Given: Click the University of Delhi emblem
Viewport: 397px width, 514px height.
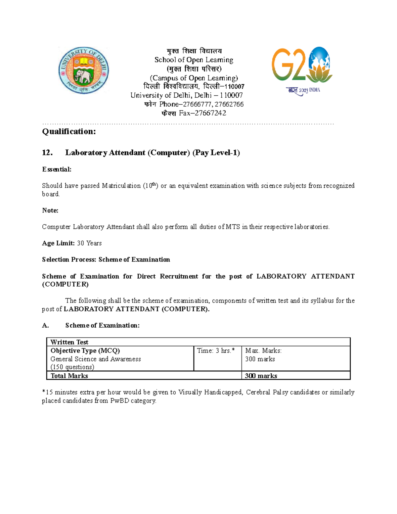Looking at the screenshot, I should click(x=84, y=70).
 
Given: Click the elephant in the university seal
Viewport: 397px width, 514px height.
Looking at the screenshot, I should click(x=83, y=77).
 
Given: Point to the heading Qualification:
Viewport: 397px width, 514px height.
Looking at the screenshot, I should click(x=69, y=131).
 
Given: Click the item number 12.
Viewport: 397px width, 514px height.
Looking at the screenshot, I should click(x=47, y=153).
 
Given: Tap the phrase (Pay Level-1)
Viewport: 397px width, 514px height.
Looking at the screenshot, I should click(x=216, y=153).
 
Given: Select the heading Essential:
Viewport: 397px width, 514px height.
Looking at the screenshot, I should click(x=57, y=169).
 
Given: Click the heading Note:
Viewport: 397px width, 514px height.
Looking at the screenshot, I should click(x=50, y=210).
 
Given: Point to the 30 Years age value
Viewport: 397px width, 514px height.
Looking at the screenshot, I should click(x=89, y=243).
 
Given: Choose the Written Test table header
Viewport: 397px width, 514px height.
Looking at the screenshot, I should click(x=69, y=342).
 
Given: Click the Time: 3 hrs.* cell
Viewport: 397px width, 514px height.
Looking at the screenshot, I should click(x=216, y=351).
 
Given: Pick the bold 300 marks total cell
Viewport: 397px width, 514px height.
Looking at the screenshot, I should click(x=261, y=376).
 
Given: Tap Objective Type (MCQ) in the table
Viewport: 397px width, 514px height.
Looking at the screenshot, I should click(x=85, y=351).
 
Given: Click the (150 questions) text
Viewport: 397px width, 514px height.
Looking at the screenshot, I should click(x=72, y=367).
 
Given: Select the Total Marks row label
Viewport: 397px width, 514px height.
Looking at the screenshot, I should click(x=69, y=376).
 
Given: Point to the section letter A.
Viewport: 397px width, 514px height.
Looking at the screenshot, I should click(x=45, y=326).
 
